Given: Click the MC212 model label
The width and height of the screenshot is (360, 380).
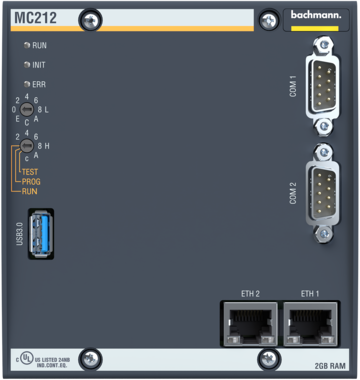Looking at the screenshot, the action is (x=34, y=18).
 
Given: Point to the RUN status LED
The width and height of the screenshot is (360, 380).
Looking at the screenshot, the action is (x=26, y=46).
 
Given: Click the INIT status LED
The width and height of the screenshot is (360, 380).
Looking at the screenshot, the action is (x=26, y=64).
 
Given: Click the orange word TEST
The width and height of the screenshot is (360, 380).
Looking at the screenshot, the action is (x=30, y=172).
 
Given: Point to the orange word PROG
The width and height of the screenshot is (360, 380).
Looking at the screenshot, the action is (x=31, y=181).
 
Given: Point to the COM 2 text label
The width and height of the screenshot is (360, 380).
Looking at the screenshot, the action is (x=293, y=190).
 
